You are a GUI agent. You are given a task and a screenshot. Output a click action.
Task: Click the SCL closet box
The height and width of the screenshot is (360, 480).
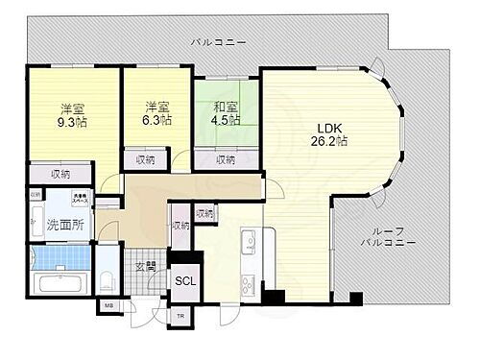click(x=182, y=282)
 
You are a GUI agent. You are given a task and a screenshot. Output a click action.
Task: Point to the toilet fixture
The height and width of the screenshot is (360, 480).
click(x=108, y=281)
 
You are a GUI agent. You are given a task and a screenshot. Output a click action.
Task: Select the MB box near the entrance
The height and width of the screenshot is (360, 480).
click(x=108, y=308)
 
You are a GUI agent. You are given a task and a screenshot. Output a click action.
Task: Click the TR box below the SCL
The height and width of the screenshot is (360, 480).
click(x=180, y=316)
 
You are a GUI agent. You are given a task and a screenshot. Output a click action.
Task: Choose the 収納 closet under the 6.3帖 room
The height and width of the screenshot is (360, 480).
click(x=145, y=160)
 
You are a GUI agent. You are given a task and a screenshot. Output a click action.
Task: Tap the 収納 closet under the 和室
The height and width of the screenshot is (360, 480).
click(x=226, y=160)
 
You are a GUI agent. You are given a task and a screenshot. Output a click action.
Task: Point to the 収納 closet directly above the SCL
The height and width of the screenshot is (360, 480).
click(x=180, y=227)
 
